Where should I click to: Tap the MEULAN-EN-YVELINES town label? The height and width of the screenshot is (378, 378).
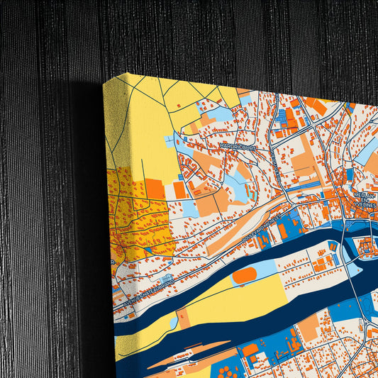point(366,201)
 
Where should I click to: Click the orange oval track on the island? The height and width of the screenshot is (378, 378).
point(245,276)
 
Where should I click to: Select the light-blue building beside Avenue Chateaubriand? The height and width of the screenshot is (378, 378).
point(167,279)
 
